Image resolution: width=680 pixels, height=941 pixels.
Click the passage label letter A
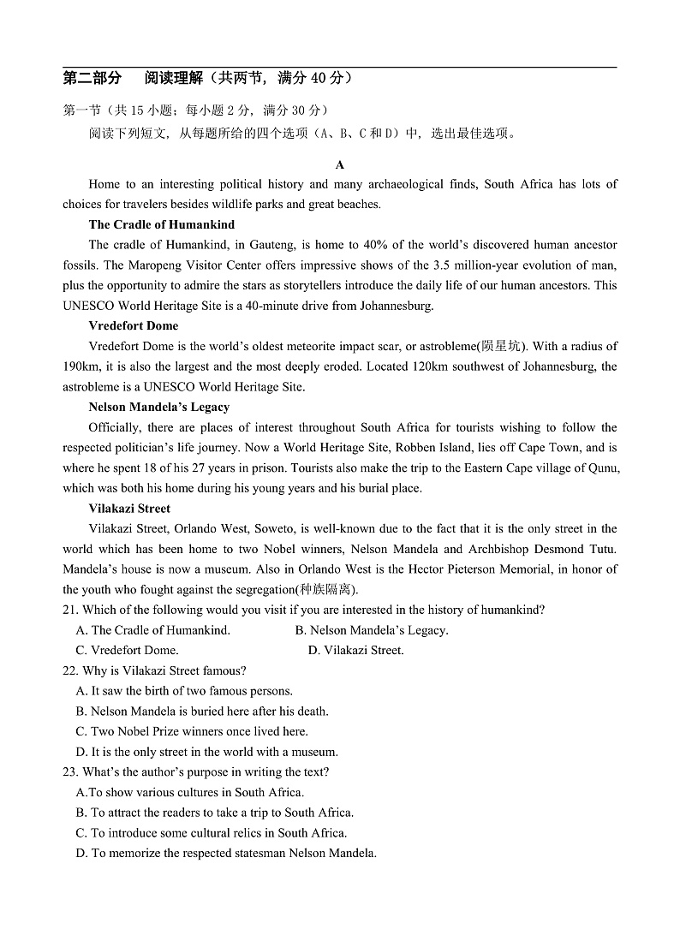coord(340,164)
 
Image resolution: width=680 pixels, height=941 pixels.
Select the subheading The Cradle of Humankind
coord(161,224)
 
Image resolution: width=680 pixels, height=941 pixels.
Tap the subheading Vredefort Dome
coord(133,325)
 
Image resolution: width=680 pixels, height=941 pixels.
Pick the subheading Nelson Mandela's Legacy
coord(158,407)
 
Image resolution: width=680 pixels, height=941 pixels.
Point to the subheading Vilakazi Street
coord(129,509)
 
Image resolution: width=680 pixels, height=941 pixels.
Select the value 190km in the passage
coord(81,366)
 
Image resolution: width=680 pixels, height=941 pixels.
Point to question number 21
coord(70,610)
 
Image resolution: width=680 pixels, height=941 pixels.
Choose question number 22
coord(70,670)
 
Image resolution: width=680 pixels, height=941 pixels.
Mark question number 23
coord(70,771)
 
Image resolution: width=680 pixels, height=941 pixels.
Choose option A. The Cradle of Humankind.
coord(153,630)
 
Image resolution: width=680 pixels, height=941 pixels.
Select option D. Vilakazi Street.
coord(355,651)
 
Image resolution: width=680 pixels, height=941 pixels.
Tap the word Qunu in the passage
coord(603,468)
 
